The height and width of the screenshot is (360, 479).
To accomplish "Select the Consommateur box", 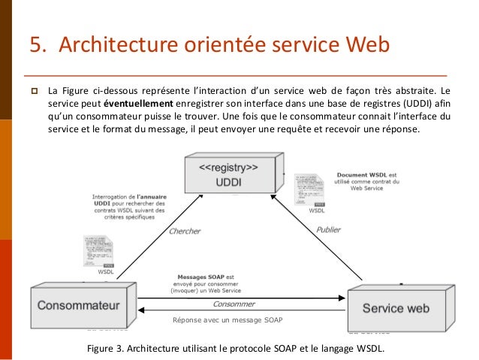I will point(75,306).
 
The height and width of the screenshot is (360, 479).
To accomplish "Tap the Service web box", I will point(396,307).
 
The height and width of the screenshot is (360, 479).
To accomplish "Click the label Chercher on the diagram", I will point(184,231).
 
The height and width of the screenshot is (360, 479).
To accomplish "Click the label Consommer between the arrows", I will point(233,304).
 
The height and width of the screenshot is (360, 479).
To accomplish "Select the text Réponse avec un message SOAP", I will point(227,321).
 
